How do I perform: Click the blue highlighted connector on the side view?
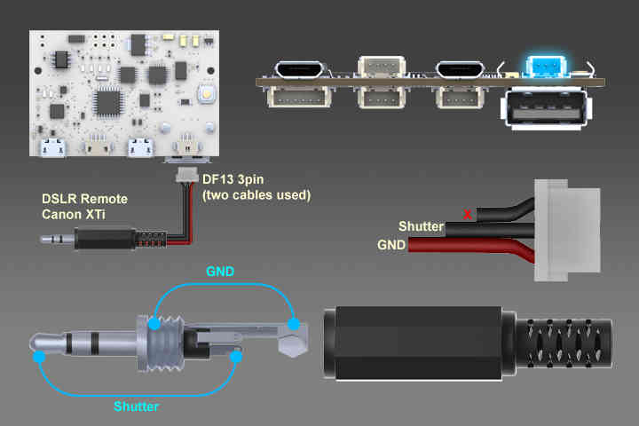(x=541, y=65)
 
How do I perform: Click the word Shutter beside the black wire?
(x=421, y=227)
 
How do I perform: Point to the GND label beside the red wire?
(x=391, y=245)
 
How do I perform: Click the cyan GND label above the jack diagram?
(x=220, y=272)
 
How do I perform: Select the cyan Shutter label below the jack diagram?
(x=138, y=406)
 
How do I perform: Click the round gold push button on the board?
(x=207, y=94)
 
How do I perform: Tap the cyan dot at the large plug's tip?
(x=40, y=358)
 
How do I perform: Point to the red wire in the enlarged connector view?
(x=470, y=248)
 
